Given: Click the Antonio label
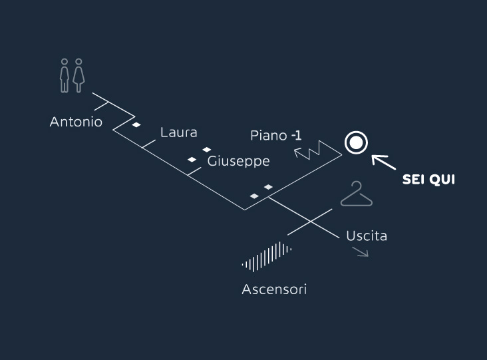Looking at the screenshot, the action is pos(76,122).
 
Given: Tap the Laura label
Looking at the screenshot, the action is pos(178,132).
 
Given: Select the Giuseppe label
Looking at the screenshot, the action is pos(239,162).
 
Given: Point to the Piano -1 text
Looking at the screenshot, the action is pos(276,136).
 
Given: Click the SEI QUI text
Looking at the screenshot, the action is pos(428,180).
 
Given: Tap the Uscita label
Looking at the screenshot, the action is pos(367,236).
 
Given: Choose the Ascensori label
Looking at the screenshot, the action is pos(274,289).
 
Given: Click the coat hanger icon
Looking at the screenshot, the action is pos(356,194).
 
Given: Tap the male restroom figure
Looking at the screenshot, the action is pos(65,76).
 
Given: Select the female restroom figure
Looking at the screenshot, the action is pos(79,76).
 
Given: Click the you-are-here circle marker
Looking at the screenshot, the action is pos(356,142).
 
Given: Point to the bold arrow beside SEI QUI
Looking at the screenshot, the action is pos(384,162).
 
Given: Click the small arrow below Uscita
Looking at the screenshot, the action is pos(361,252).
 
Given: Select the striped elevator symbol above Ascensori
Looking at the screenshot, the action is pos(267,257).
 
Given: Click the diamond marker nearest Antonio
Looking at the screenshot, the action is pos(136,125).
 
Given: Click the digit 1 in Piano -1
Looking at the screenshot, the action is pos(299,136).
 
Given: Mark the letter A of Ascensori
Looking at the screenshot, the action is pos(247,289).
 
